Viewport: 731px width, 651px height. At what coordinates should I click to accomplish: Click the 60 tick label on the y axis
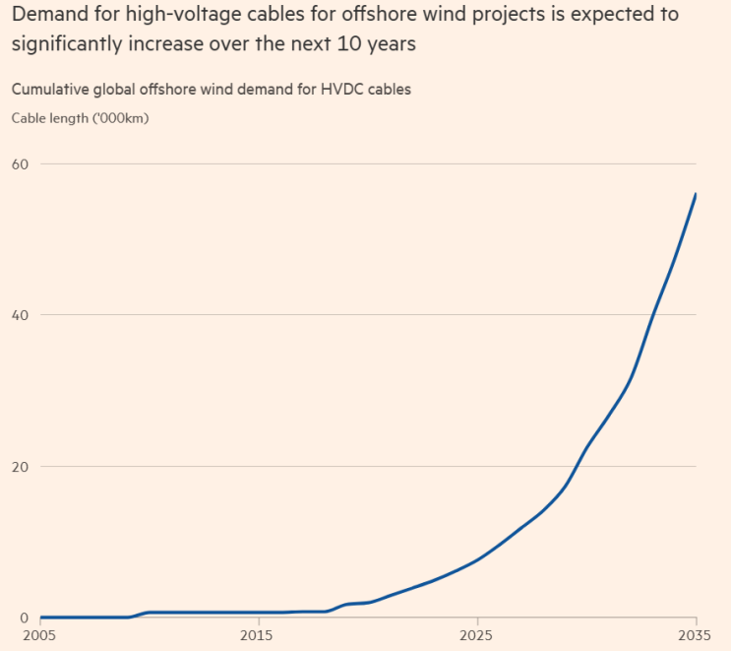coord(20,163)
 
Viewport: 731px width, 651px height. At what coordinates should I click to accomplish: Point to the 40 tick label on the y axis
coord(20,315)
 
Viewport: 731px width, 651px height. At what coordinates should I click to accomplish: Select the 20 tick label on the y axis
coord(20,466)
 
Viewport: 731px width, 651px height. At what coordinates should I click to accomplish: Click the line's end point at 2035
coord(696,194)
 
